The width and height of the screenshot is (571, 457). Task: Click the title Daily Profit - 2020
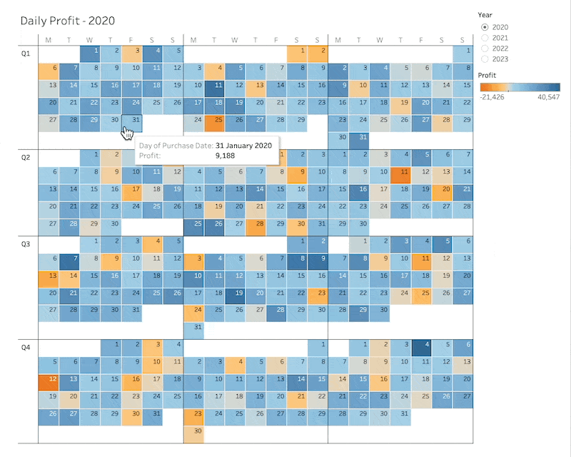tap(67, 21)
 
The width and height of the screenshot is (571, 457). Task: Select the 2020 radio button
tap(485, 26)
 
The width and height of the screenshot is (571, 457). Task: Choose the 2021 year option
tap(485, 37)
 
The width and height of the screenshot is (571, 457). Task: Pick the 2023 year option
tap(485, 59)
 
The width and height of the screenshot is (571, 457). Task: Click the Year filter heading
tap(485, 14)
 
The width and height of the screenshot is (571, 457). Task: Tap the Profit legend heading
tap(488, 74)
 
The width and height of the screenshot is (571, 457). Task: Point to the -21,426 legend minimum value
tap(492, 96)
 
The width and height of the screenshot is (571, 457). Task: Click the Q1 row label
tap(26, 51)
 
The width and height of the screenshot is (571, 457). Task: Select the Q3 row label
tap(26, 244)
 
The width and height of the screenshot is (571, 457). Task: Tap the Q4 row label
tap(26, 347)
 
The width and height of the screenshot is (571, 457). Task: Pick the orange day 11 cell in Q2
tap(401, 172)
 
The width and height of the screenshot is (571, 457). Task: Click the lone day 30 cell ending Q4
tap(194, 431)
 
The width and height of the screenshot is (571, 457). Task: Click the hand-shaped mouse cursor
tap(128, 134)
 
